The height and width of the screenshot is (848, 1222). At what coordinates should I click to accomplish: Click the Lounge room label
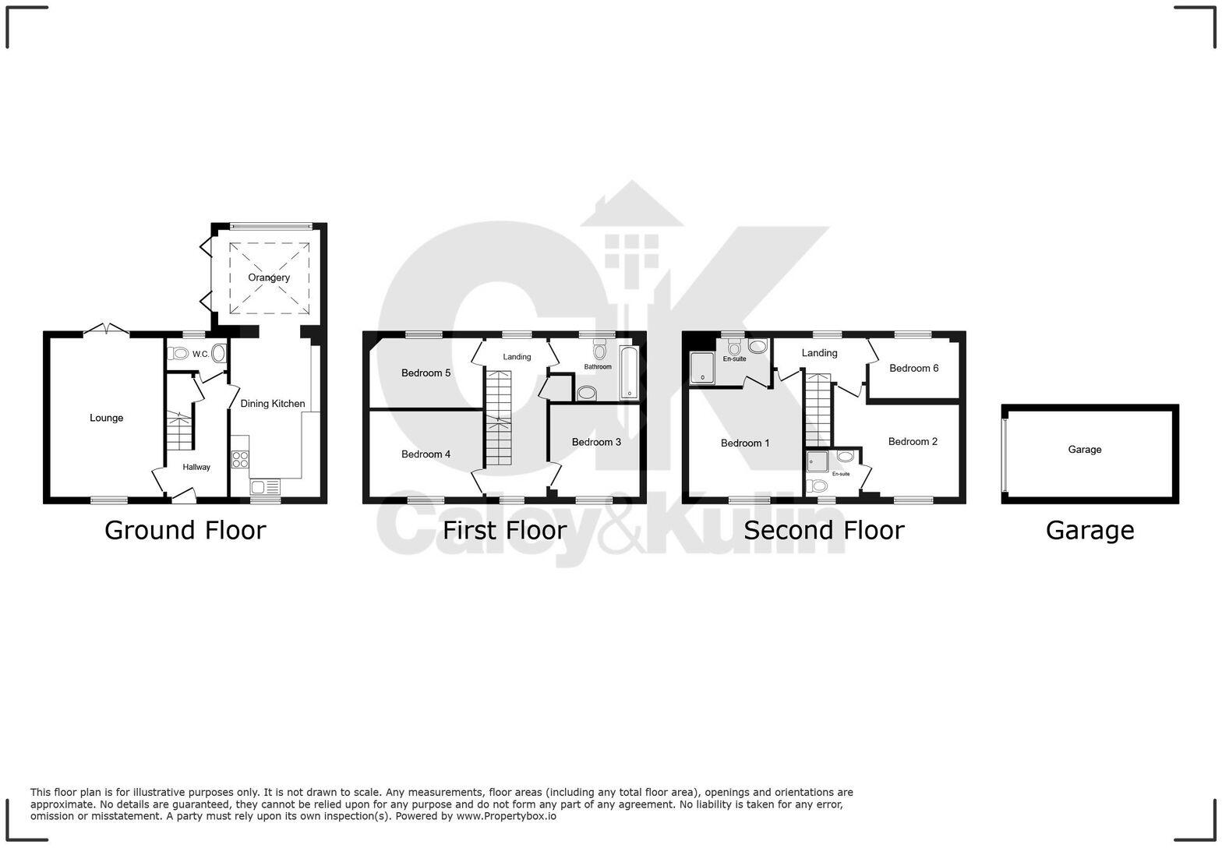click(x=106, y=418)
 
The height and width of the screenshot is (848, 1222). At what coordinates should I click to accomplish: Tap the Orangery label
click(x=269, y=277)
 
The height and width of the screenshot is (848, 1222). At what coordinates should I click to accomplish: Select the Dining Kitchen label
click(x=272, y=404)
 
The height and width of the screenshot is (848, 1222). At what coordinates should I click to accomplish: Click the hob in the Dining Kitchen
click(x=240, y=459)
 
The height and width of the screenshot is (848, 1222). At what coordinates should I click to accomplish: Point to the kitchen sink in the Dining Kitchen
click(x=266, y=488)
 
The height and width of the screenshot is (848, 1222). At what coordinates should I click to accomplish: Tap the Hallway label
click(x=196, y=467)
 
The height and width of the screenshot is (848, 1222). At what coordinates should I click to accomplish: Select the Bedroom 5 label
click(x=426, y=373)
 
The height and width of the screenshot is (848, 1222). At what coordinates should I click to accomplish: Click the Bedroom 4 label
click(x=426, y=454)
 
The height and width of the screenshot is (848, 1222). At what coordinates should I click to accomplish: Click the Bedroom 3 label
click(x=596, y=442)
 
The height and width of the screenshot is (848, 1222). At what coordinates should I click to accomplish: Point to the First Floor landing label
click(x=517, y=357)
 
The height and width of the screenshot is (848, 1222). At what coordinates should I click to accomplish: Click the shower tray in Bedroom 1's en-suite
click(x=702, y=368)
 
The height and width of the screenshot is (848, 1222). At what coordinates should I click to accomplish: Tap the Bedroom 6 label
click(x=913, y=368)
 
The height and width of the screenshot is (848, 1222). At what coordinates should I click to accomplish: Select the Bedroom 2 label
click(x=913, y=441)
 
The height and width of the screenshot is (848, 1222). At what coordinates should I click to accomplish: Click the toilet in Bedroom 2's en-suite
click(x=818, y=486)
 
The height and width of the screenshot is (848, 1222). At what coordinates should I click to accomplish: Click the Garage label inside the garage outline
click(x=1084, y=449)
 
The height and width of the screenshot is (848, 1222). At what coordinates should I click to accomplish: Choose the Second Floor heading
click(x=824, y=530)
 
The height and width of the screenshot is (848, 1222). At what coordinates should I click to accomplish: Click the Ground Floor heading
click(x=185, y=530)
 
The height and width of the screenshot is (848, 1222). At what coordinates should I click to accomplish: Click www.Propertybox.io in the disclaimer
click(x=506, y=816)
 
